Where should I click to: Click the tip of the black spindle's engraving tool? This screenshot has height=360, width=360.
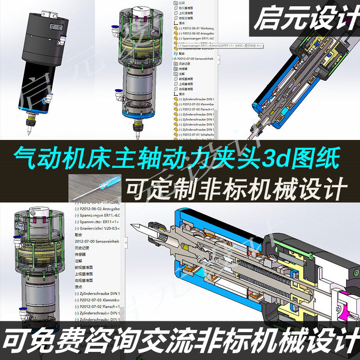coord(28,135)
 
